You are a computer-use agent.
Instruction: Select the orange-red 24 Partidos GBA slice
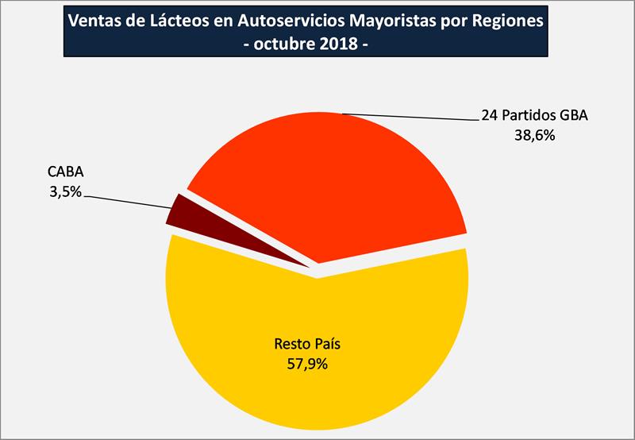click(333, 183)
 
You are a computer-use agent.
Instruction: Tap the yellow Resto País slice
click(317, 373)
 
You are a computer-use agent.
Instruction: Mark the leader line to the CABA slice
click(127, 198)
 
